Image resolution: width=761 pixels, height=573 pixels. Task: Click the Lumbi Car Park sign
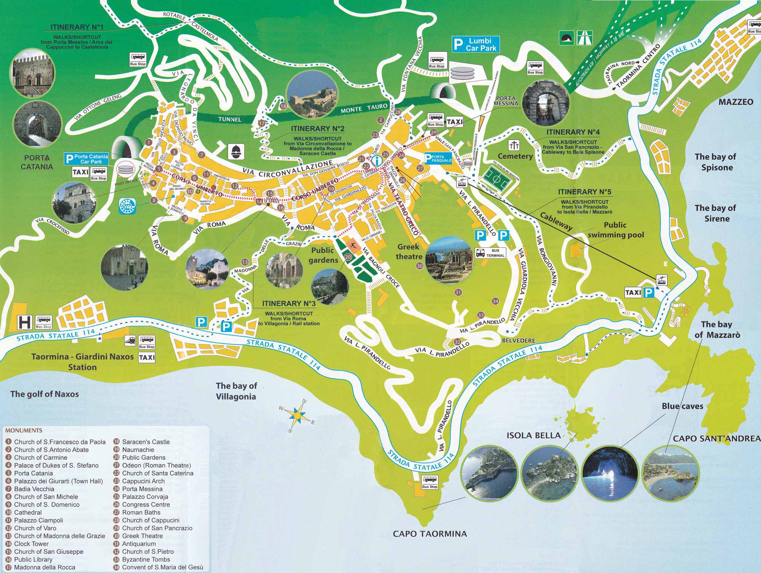[x=474, y=44]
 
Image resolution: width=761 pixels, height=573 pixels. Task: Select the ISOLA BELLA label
[x=533, y=435]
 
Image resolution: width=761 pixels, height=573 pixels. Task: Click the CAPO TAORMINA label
[x=430, y=533]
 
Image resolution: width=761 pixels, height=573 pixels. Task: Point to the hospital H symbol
[x=24, y=322]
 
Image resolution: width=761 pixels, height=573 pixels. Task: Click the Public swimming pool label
[x=615, y=230]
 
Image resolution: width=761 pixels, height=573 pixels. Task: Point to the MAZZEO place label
[x=736, y=102]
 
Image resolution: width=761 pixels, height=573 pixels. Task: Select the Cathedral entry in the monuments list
[x=28, y=512]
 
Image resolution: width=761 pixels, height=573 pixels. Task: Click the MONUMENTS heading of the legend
[x=24, y=431]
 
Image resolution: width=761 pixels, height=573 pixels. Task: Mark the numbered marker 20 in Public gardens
[x=347, y=257]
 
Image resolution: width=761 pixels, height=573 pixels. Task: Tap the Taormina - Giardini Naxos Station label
[x=82, y=362]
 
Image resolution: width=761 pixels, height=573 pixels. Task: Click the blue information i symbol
[x=377, y=161]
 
